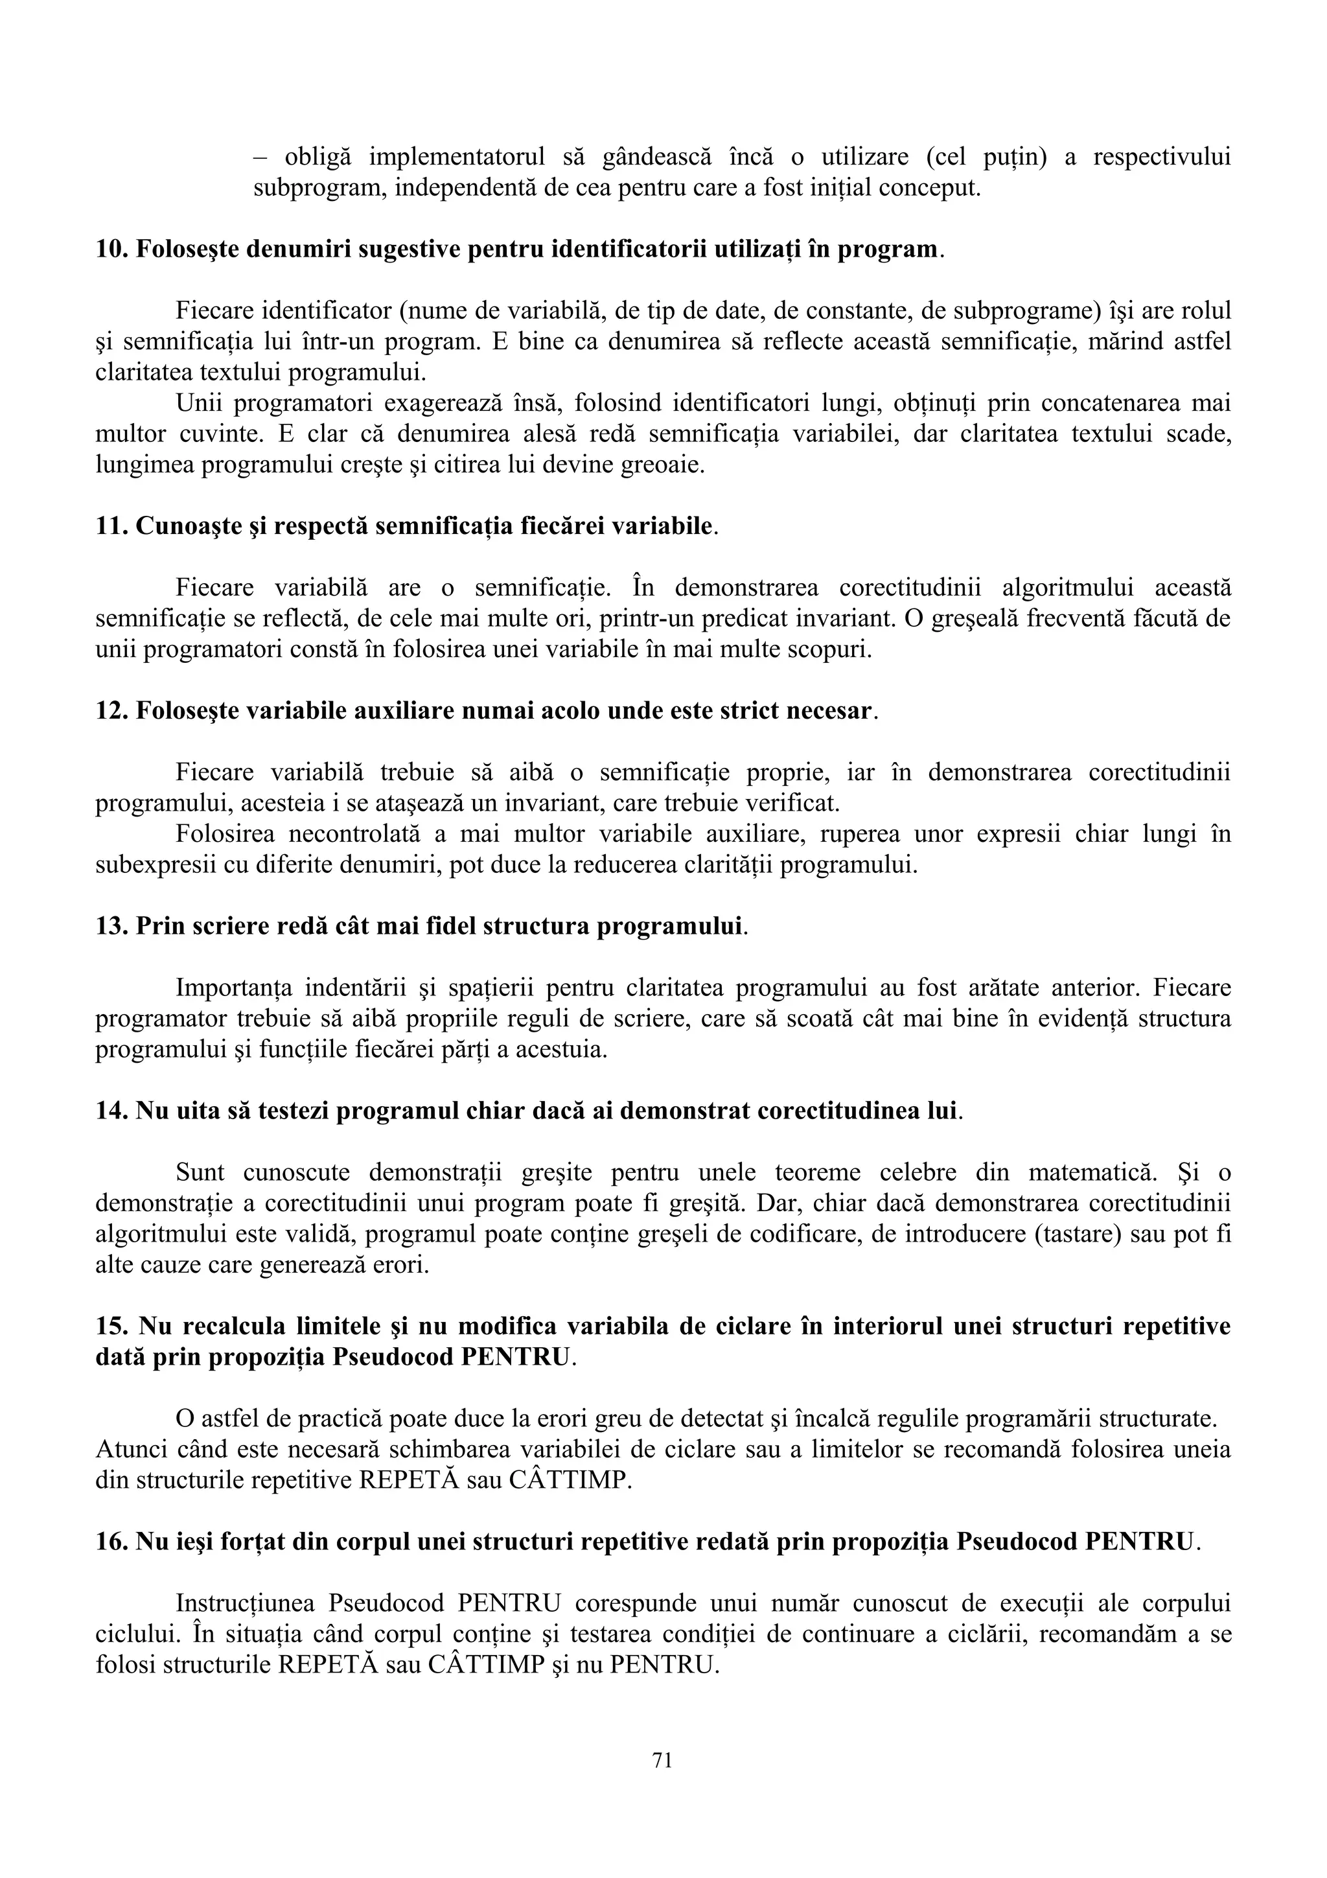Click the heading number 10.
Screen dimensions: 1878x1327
[x=111, y=249]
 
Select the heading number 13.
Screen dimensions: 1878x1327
[x=111, y=926]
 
